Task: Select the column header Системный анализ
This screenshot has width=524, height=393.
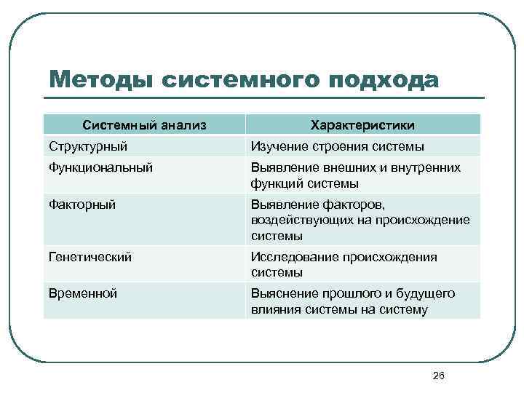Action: coord(144,125)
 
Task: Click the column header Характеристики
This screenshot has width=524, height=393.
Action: coord(363,125)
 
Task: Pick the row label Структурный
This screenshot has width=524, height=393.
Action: coord(88,146)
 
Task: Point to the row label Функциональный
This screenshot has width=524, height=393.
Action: coord(100,167)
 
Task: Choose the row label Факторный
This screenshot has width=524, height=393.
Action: coord(82,205)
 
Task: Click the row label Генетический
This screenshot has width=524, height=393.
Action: coord(90,257)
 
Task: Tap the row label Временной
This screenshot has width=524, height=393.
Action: coord(83,293)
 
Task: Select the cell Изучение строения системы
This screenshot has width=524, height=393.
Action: coord(337,146)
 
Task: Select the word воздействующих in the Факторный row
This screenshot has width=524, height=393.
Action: coord(301,221)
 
